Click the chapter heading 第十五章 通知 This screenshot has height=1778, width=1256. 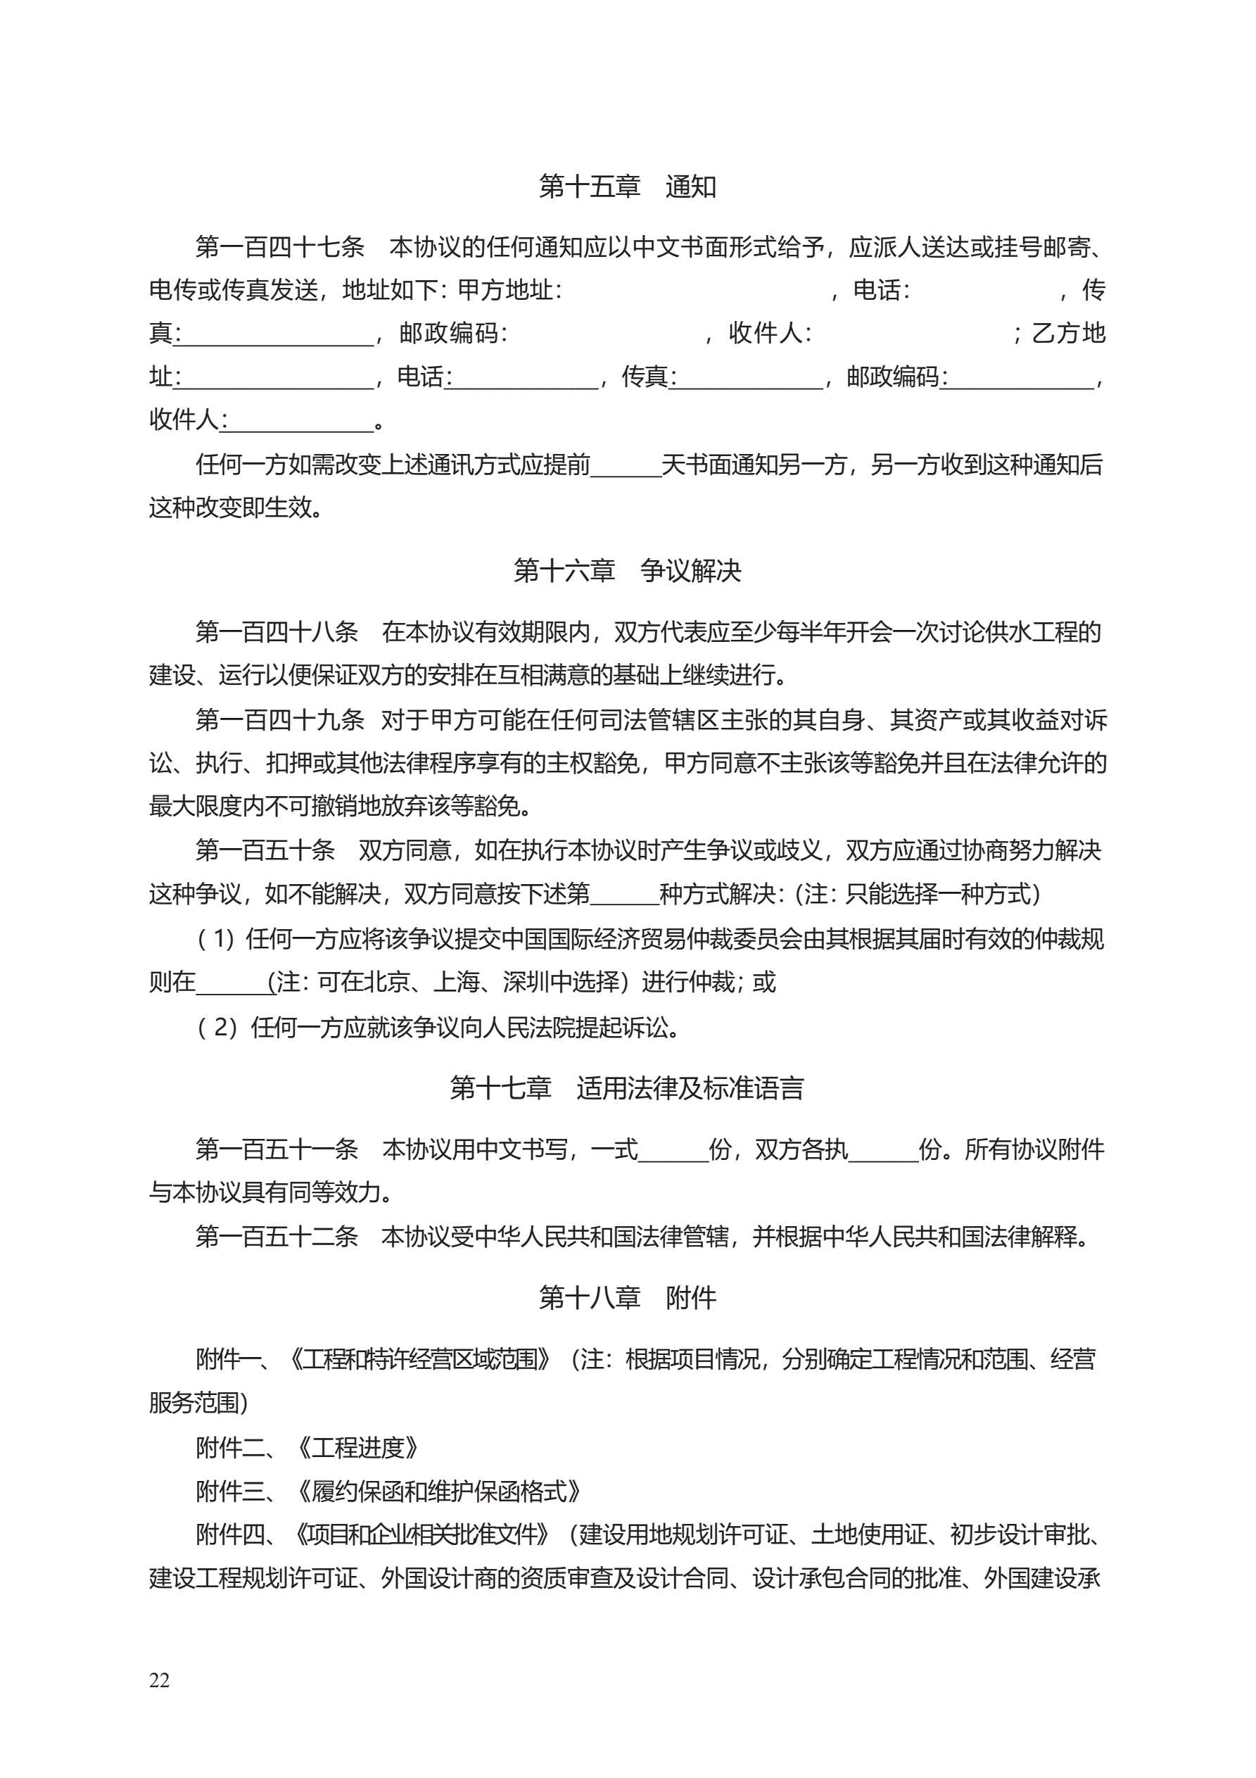627,187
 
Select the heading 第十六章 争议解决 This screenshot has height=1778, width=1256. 627,571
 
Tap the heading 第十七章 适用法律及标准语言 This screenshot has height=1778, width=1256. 627,1088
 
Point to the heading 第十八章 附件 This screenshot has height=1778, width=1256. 627,1297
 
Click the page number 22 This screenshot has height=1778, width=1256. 160,1679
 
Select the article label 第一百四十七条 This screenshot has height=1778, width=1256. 279,247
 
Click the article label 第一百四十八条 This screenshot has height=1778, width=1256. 277,632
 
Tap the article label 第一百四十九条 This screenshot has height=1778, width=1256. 279,720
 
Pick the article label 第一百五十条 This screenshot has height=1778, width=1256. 265,850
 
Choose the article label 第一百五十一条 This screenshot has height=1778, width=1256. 277,1149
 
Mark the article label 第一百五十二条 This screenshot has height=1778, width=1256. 277,1237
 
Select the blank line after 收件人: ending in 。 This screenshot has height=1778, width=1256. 302,423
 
